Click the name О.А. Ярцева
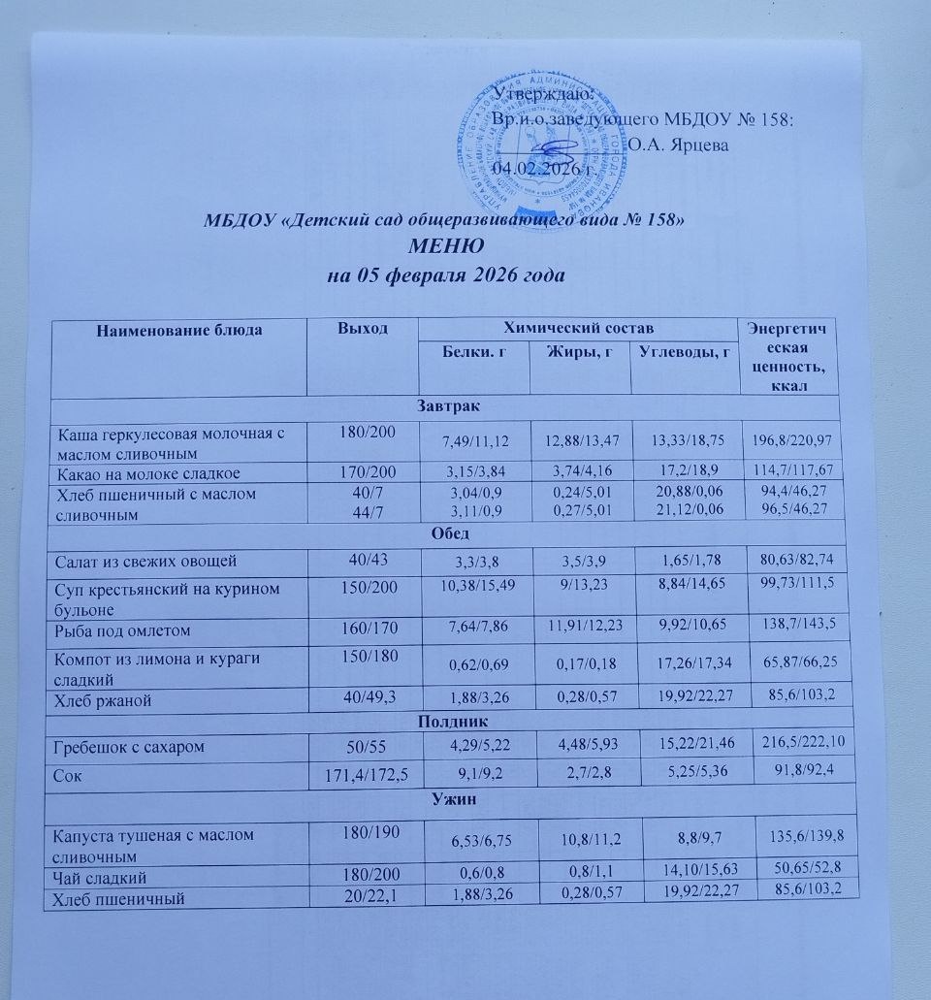678,144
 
